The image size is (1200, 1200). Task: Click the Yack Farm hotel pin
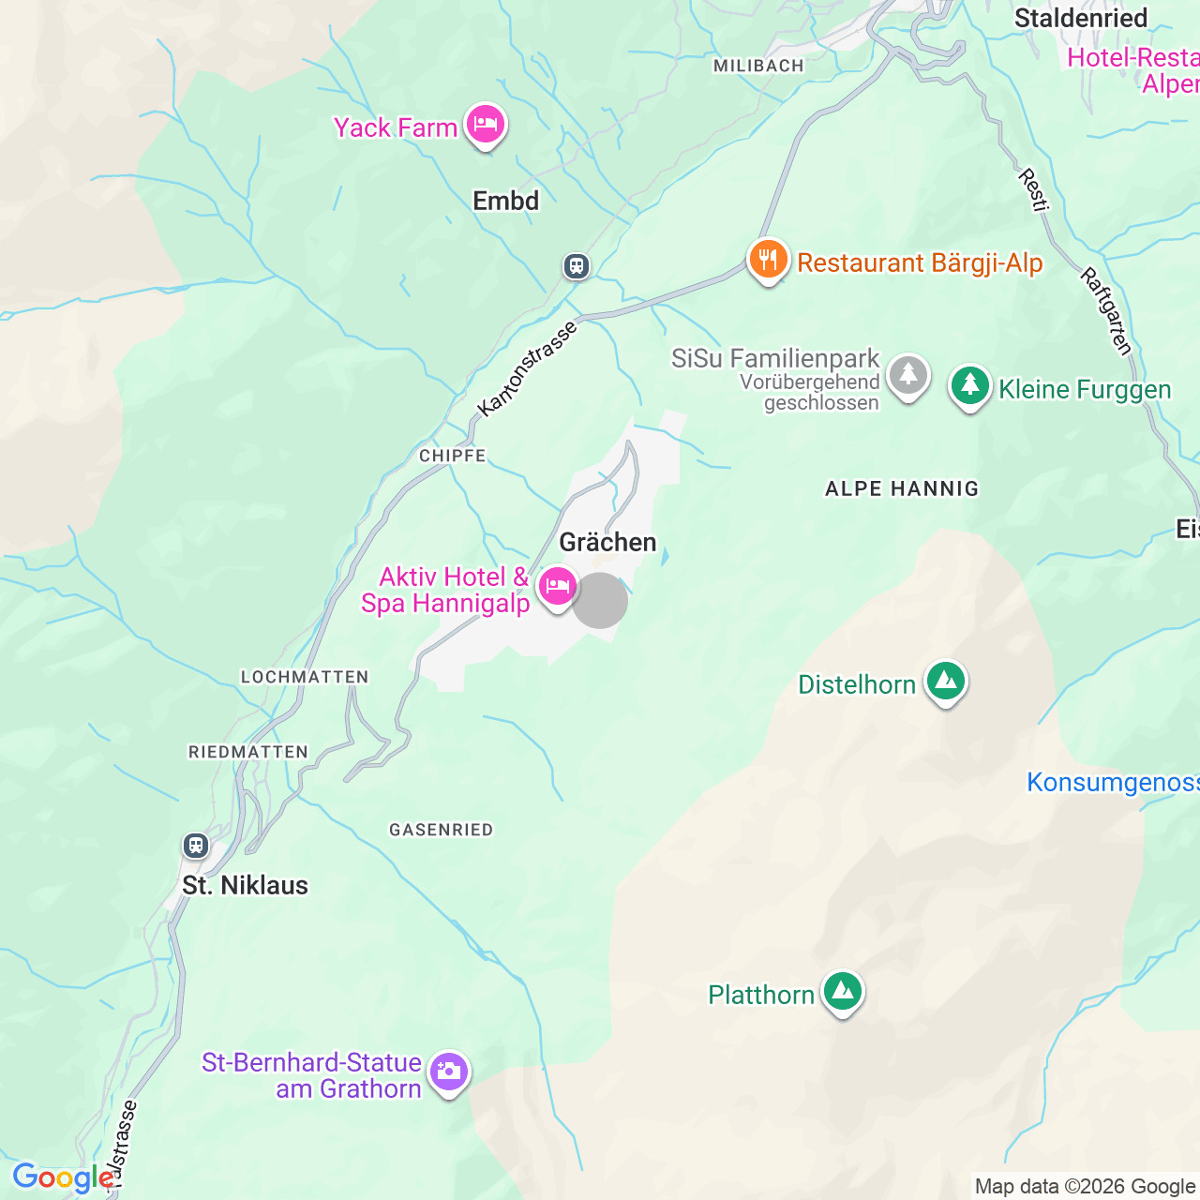pyautogui.click(x=485, y=125)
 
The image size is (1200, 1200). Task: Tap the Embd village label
pyautogui.click(x=505, y=201)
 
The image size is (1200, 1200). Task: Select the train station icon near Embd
pyautogui.click(x=577, y=266)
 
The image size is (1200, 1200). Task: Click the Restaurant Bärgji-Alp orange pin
pyautogui.click(x=768, y=260)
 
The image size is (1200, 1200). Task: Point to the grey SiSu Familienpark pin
pyautogui.click(x=907, y=377)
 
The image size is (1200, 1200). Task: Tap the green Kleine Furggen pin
pyautogui.click(x=969, y=386)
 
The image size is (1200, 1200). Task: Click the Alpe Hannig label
pyautogui.click(x=901, y=488)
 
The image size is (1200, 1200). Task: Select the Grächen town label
pyautogui.click(x=607, y=542)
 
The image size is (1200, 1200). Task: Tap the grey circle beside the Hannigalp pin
pyautogui.click(x=600, y=600)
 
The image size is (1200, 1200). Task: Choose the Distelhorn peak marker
pyautogui.click(x=945, y=682)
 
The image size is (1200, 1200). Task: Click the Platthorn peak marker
pyautogui.click(x=842, y=992)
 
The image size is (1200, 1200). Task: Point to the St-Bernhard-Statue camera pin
pyautogui.click(x=448, y=1072)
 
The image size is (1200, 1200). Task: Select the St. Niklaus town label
pyautogui.click(x=245, y=885)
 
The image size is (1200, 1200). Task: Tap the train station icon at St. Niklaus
pyautogui.click(x=195, y=845)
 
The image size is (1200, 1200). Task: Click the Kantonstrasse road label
pyautogui.click(x=527, y=368)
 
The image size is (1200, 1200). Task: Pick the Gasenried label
pyautogui.click(x=441, y=830)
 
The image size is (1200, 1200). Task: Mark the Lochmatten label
pyautogui.click(x=305, y=677)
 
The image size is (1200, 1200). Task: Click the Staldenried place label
pyautogui.click(x=1080, y=18)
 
